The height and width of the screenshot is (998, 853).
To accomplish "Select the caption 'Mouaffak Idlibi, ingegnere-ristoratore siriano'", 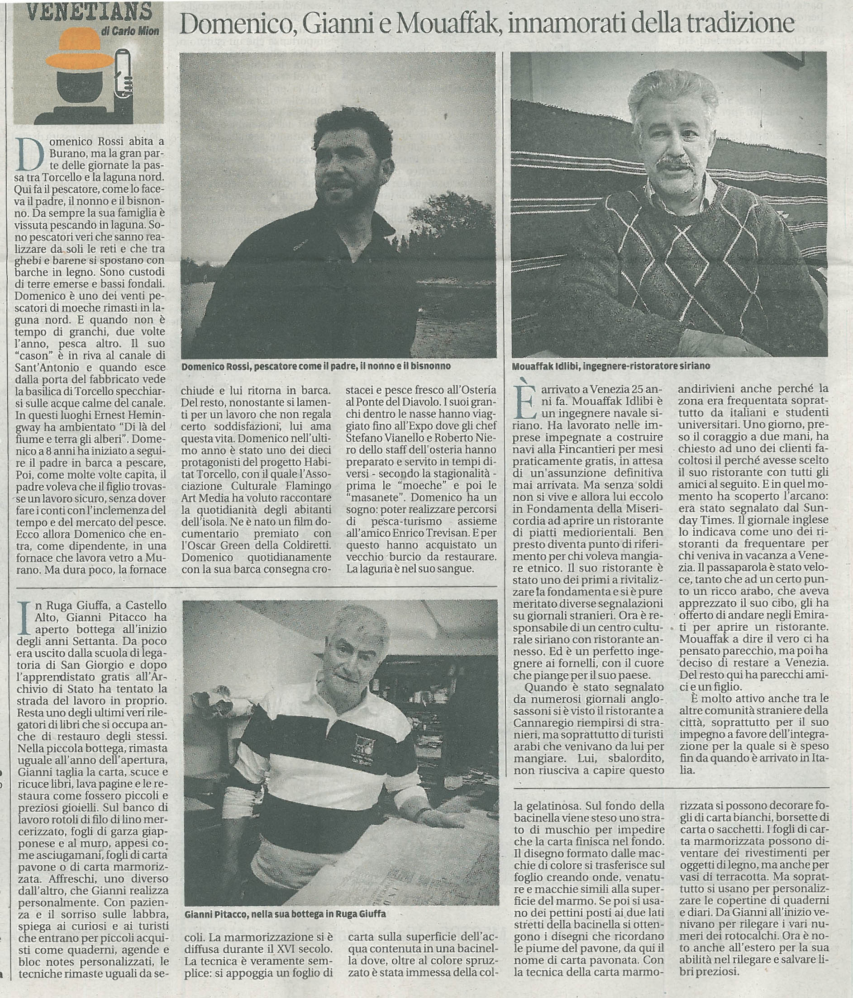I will (610, 366).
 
